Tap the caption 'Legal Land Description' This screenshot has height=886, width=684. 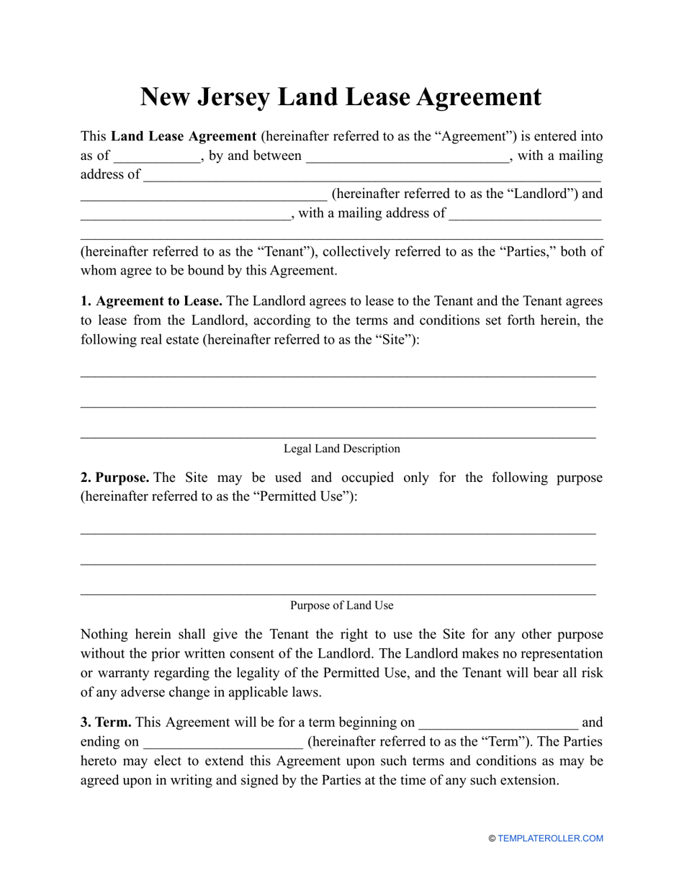pos(342,449)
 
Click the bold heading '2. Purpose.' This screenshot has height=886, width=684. pos(115,478)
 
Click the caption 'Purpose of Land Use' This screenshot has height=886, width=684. pos(342,606)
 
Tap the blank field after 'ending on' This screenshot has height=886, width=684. pos(223,742)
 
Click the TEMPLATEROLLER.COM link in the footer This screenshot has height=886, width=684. pos(551,838)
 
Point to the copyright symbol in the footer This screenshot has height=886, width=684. pos(492,838)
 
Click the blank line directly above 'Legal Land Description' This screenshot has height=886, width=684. pos(338,436)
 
